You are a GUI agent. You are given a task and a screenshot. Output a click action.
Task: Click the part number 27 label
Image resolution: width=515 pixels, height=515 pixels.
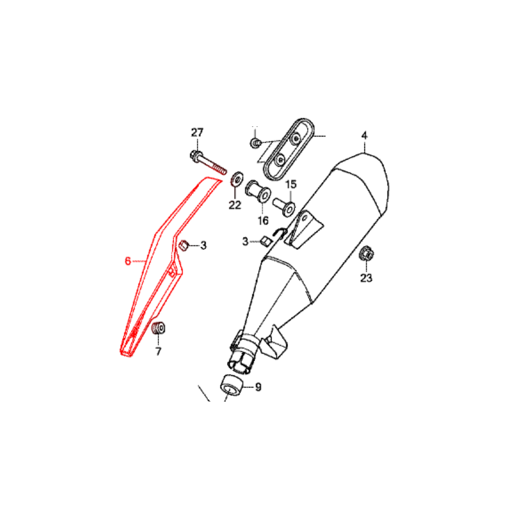(x=197, y=133)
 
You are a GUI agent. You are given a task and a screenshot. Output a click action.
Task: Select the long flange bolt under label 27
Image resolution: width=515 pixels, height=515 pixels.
(x=208, y=163)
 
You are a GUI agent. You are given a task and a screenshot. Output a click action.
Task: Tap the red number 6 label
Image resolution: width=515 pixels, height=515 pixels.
(x=127, y=261)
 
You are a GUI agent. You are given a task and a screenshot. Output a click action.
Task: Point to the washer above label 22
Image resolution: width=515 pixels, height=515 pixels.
(x=236, y=180)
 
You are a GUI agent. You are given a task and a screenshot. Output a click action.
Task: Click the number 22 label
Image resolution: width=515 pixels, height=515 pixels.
(x=235, y=205)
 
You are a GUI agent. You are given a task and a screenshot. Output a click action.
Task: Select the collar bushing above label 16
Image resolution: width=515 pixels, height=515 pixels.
(x=258, y=191)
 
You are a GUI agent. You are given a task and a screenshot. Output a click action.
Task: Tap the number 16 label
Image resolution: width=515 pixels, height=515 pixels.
(x=263, y=221)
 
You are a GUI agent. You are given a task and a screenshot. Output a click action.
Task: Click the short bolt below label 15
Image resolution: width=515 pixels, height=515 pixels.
(x=285, y=205)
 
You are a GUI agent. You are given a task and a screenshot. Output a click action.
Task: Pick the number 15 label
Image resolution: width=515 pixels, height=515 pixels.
(x=291, y=185)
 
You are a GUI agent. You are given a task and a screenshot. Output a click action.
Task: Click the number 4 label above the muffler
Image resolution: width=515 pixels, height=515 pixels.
(x=364, y=135)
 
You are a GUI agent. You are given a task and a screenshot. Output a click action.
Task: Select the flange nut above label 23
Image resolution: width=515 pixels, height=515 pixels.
(x=367, y=254)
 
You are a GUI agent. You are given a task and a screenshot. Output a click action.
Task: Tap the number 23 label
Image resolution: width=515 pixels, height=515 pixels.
(x=366, y=278)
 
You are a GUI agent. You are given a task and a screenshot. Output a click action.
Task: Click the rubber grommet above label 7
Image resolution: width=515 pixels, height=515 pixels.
(x=158, y=328)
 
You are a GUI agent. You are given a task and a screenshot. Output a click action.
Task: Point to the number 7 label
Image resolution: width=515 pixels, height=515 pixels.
(x=158, y=351)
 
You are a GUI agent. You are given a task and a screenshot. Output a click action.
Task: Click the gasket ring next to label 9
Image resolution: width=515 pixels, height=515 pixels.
(x=232, y=385)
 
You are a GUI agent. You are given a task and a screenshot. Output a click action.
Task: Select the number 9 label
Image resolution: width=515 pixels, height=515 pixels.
(x=259, y=388)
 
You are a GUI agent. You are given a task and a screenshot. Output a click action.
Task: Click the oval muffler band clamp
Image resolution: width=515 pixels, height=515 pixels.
(x=289, y=149)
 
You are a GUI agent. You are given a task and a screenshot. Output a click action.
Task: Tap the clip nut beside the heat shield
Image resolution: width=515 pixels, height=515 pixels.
(x=183, y=245)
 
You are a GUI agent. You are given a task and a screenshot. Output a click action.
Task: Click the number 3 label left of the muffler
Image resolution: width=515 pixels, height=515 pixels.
(x=245, y=242)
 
